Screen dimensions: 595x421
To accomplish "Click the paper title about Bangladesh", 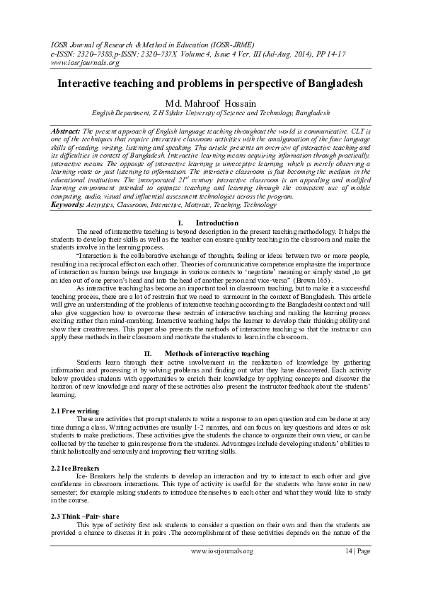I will [210, 83].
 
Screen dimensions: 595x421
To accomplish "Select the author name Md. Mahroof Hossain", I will [210, 102].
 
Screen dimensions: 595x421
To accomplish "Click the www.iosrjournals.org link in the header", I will [74, 62].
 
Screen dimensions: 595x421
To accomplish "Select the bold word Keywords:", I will [68, 184].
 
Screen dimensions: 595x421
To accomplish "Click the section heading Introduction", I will [217, 203].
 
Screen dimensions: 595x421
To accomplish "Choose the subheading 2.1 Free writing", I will [75, 411].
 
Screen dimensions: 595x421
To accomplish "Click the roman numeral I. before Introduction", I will [179, 203].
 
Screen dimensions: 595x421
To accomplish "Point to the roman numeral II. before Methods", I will [148, 353].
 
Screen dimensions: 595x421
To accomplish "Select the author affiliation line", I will [210, 112].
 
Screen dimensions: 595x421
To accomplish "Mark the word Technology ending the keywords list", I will [259, 184].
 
